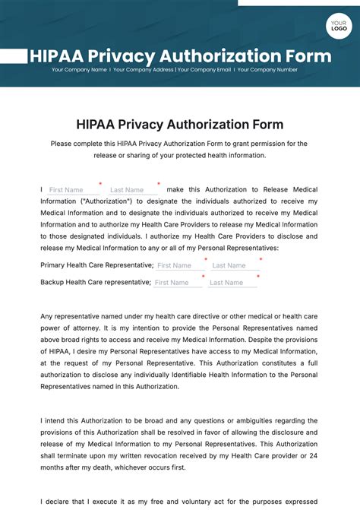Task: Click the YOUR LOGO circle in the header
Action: (x=338, y=26)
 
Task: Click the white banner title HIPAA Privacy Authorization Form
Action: (x=180, y=56)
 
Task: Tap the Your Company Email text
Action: (x=204, y=70)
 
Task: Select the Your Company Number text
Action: (x=267, y=70)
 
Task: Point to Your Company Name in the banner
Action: (x=79, y=70)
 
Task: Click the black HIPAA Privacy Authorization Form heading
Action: (x=180, y=125)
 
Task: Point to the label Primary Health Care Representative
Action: (x=96, y=265)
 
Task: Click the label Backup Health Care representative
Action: (x=95, y=282)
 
